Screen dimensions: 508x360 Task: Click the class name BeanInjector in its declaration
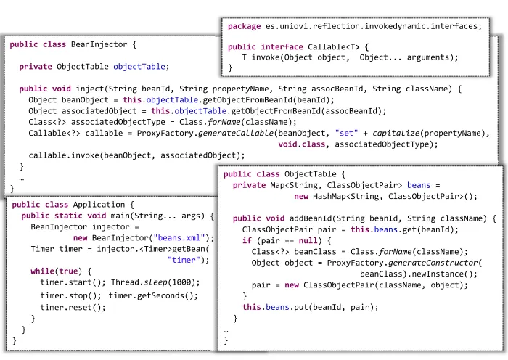pos(99,44)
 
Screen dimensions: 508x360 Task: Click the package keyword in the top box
pos(245,27)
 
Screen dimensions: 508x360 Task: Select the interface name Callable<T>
pos(334,47)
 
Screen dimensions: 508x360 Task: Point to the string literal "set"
pos(347,133)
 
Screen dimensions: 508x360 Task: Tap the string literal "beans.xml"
pos(179,238)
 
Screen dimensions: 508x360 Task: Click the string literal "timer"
pos(184,260)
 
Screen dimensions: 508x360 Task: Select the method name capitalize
pos(396,134)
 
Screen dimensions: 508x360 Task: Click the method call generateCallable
pos(236,134)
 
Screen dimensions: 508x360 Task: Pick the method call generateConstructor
pos(433,263)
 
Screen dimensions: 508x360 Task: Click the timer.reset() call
pos(73,308)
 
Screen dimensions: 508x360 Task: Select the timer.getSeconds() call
pos(153,296)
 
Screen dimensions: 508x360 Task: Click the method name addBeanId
pos(311,218)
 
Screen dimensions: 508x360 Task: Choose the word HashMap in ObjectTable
pos(329,197)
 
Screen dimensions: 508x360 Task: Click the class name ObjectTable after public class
pos(311,174)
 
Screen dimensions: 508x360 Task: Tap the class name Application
pos(99,205)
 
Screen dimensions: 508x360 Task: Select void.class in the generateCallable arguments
pos(301,144)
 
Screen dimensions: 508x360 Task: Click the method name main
pos(120,216)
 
